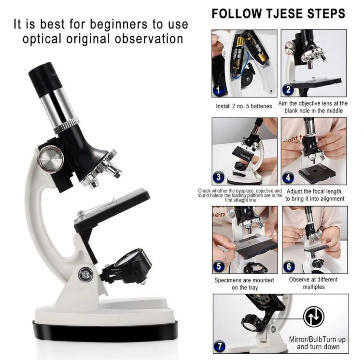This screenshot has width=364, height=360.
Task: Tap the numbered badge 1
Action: (218, 90)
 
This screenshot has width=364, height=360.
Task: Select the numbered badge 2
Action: (288, 89)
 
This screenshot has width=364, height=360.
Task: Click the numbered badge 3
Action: (218, 177)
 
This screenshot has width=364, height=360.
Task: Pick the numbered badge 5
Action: (218, 266)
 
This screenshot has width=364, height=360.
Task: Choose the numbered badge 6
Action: (289, 266)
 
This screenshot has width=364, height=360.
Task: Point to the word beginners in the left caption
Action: (118, 25)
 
